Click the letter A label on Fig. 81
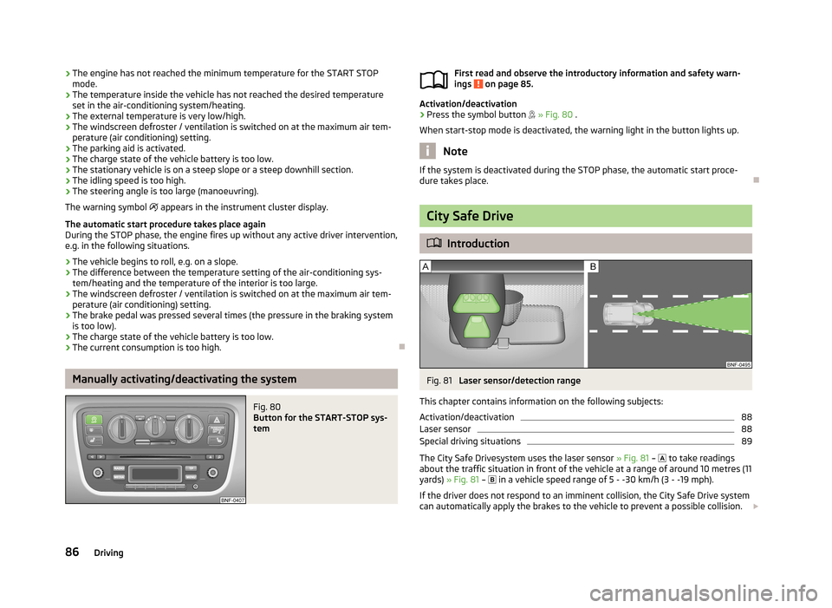coord(426,267)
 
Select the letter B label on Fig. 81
coord(594,267)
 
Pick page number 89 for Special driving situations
coord(746,441)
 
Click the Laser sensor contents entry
coord(445,429)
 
